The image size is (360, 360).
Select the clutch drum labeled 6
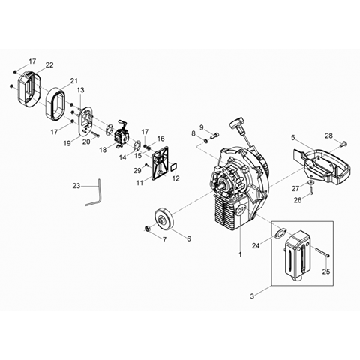164,219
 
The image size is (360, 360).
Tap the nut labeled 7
147,228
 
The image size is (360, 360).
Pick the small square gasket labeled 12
173,167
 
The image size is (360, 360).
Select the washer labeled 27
311,183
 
